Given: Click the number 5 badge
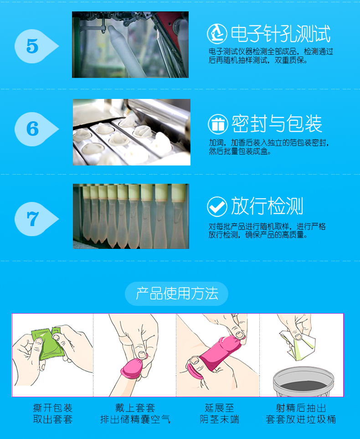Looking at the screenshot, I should point(33,46).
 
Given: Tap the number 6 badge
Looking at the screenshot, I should point(33,129).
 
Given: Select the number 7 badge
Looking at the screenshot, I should point(33,219).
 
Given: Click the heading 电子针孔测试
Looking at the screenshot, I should point(280,34).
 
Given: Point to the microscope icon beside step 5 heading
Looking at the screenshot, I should point(217,34).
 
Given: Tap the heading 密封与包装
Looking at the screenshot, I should point(277,124).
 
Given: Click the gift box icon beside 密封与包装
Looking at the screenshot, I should point(218,124).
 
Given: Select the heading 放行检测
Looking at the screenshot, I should point(267,207).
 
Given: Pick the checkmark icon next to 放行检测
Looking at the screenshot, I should point(217,207).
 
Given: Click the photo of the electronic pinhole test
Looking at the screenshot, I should point(130,45).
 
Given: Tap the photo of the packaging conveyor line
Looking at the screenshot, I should point(131,132).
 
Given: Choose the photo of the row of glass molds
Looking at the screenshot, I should point(131,216).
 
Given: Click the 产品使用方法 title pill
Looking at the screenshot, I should point(176,293).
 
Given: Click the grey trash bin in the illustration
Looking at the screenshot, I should point(301,382).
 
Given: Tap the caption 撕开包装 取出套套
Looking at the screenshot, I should point(52,413).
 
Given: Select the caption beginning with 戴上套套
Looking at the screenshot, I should point(135,413).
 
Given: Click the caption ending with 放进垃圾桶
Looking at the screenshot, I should point(301,413).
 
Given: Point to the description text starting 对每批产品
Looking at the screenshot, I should point(267,231).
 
